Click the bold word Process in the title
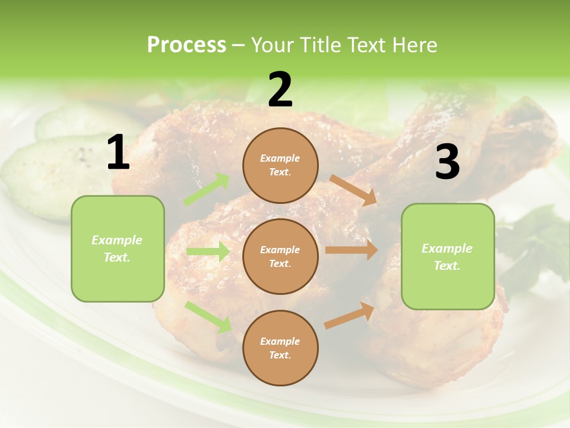click(186, 45)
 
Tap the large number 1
click(118, 153)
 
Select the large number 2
click(280, 90)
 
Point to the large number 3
click(447, 162)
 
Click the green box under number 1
click(118, 248)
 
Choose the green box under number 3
click(448, 256)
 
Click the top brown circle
click(280, 165)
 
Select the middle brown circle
click(280, 256)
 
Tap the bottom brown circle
click(280, 348)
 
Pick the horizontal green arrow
click(208, 251)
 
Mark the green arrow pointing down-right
click(208, 316)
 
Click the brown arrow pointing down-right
click(353, 190)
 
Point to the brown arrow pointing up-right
click(350, 315)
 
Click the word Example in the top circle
click(280, 159)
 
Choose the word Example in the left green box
click(117, 240)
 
